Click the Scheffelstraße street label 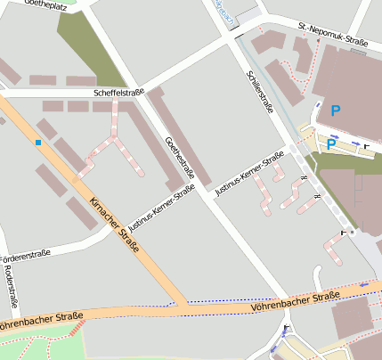click(118, 93)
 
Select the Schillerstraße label click(259, 93)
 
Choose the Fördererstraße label click(24, 254)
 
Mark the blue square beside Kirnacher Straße click(38, 142)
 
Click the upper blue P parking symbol click(336, 110)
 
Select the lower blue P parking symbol click(330, 143)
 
